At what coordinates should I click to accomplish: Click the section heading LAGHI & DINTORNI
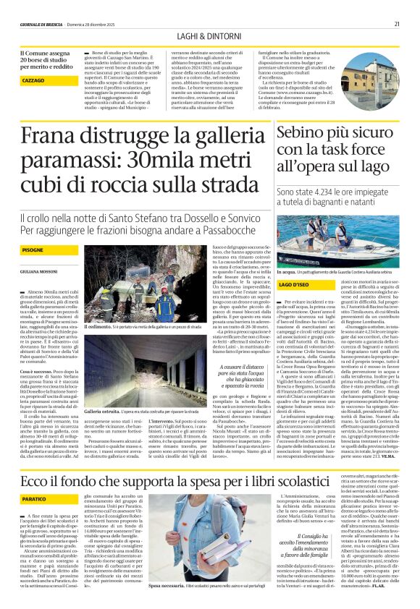[x=209, y=35]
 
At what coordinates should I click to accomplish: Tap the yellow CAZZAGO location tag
[x=33, y=81]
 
